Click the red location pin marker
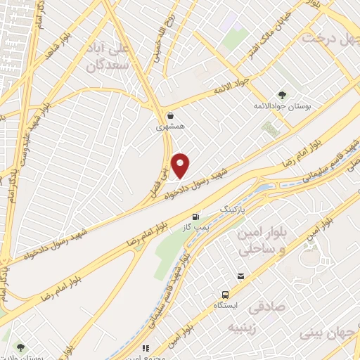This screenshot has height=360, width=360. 181,165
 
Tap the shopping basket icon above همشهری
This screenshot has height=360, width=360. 169,115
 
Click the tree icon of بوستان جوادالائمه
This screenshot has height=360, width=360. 282,94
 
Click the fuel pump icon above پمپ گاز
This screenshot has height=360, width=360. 195,216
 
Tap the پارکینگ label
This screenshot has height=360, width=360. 235,210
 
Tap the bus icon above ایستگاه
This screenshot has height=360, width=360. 225,295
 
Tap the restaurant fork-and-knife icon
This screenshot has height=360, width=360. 146,348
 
